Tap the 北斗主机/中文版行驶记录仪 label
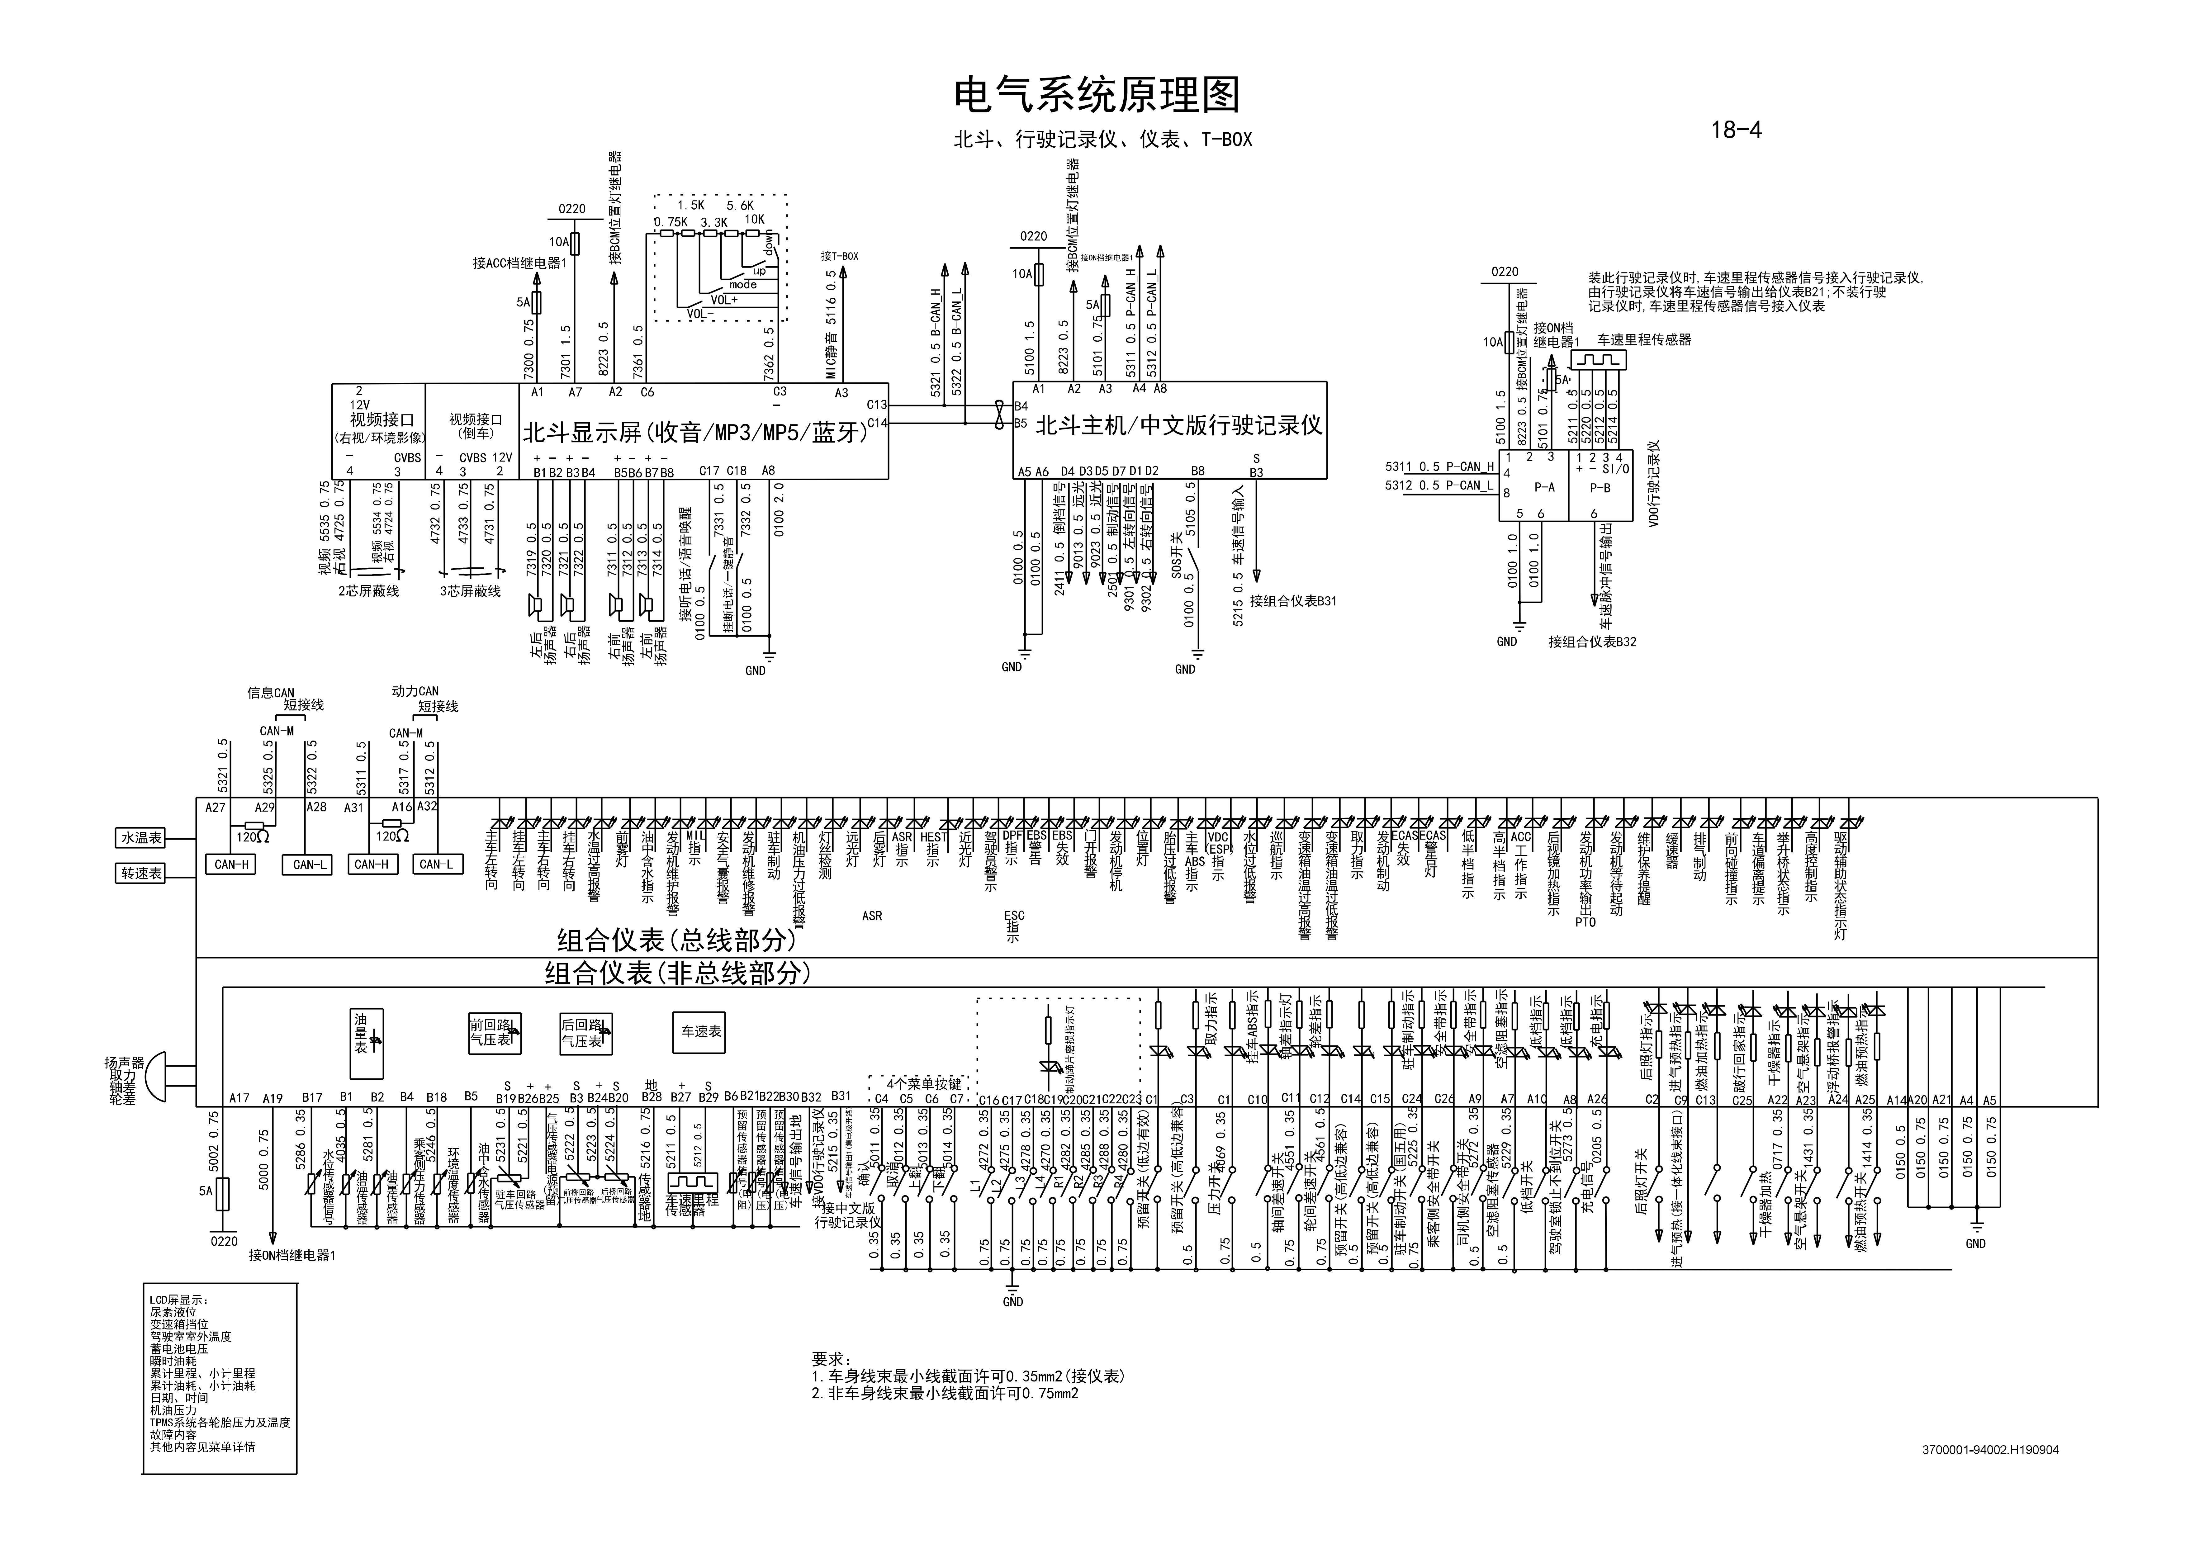[x=1179, y=425]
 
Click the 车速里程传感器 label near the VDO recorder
[x=1643, y=340]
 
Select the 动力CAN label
[x=415, y=692]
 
